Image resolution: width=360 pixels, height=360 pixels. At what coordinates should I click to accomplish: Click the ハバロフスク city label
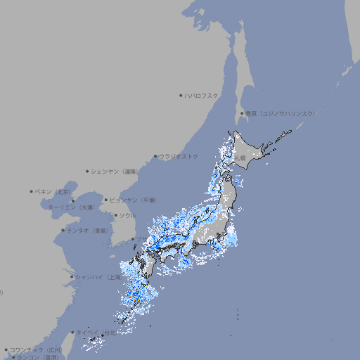pos(201,95)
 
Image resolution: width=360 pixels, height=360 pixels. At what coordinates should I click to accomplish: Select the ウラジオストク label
pos(179,156)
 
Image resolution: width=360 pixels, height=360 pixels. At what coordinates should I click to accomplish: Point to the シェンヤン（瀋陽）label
pos(115,171)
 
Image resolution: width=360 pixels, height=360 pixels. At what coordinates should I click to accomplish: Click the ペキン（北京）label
pos(53,191)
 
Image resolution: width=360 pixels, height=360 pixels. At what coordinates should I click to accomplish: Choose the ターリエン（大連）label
pos(70,207)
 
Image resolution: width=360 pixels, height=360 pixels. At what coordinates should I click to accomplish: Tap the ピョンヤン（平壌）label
pos(133,200)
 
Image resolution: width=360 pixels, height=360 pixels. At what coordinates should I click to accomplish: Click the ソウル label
pos(127,215)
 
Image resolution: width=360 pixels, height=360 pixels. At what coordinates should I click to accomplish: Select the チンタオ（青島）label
pos(87,230)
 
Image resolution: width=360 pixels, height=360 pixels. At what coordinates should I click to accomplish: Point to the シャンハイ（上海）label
pos(98,277)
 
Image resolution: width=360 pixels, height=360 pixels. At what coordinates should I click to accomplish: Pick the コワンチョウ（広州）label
pos(36,349)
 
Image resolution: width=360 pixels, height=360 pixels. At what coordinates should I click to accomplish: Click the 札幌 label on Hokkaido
pos(240,158)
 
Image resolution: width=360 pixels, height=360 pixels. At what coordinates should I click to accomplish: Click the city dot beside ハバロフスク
pos(181,95)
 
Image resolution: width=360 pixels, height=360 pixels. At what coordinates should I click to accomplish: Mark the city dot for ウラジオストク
pos(155,156)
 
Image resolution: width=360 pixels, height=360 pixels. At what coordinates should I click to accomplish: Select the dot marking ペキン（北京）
pos(32,191)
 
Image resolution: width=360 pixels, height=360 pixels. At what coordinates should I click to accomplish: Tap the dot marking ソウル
pos(115,215)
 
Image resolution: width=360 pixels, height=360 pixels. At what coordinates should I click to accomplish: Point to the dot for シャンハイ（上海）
pos(72,277)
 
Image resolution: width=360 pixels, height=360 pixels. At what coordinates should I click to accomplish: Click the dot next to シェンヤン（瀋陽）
pos(87,171)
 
